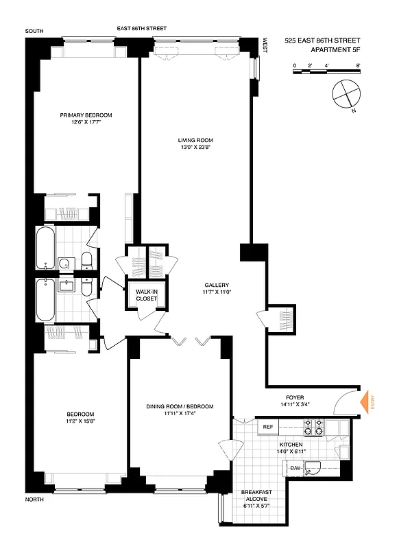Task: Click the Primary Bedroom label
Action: click(x=86, y=115)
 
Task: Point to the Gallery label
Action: click(x=216, y=285)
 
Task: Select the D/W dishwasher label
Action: click(x=295, y=469)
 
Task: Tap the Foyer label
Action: click(x=295, y=397)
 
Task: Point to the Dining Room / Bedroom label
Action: click(x=179, y=407)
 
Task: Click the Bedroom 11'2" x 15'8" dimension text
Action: click(x=80, y=421)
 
